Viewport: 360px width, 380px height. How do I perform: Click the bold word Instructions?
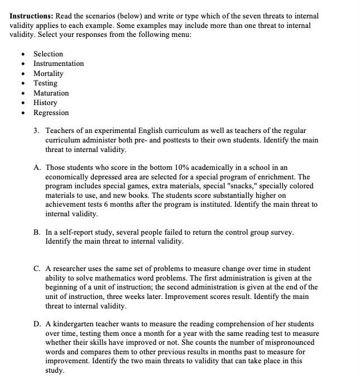coord(31,16)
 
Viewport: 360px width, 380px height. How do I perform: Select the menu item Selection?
coord(48,54)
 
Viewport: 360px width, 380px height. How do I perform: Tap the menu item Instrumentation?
coord(59,64)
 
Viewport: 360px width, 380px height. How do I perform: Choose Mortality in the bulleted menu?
coord(49,73)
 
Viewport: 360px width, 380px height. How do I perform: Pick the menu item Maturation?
coord(51,93)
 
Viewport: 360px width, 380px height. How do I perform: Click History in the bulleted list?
coord(45,103)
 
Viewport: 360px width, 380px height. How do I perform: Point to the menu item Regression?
coord(51,112)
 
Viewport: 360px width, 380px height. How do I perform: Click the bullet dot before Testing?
coord(23,83)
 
